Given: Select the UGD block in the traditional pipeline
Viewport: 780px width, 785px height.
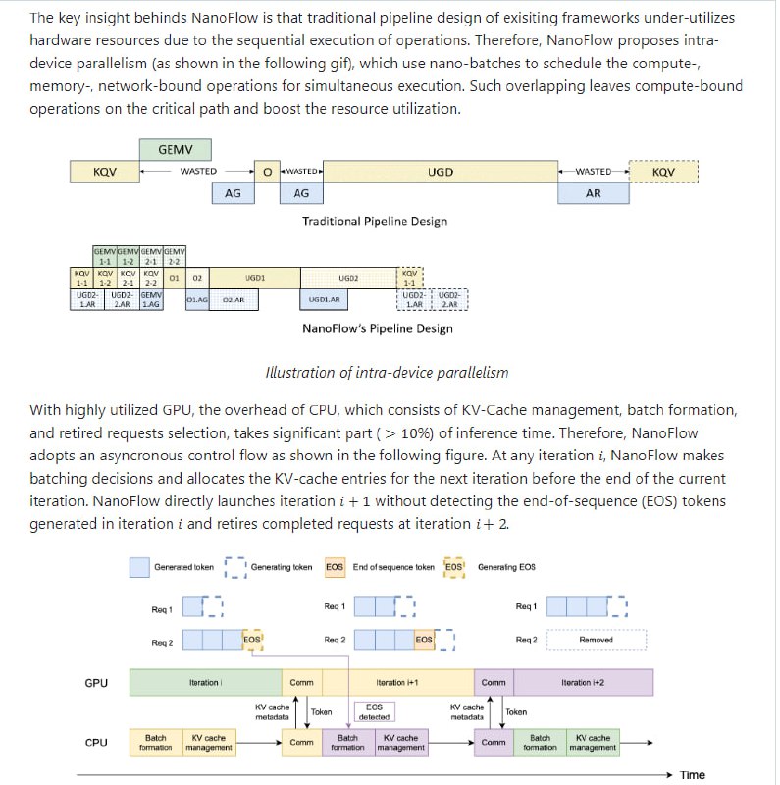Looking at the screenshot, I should [441, 172].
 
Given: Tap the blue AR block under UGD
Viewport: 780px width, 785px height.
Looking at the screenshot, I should [593, 194].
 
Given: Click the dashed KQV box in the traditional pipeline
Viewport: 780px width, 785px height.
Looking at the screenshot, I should [663, 172].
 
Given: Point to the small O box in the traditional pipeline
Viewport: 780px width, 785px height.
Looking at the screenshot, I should [266, 172].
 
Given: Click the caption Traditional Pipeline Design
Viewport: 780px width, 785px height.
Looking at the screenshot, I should [375, 221].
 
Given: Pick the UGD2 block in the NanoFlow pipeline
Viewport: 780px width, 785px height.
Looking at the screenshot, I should [348, 278].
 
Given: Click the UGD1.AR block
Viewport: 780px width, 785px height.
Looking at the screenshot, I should [324, 300].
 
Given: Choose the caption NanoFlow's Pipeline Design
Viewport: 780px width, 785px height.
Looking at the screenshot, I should [377, 328].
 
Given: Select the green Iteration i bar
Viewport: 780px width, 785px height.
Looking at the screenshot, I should [205, 682].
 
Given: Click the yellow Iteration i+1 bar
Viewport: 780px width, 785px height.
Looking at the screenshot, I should [397, 682].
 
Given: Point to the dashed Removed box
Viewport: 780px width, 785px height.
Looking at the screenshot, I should [596, 640].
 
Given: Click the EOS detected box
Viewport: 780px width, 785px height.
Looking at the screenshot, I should [374, 711].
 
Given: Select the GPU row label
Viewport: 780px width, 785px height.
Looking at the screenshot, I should [96, 682].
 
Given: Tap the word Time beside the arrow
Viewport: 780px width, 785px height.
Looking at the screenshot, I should [693, 775].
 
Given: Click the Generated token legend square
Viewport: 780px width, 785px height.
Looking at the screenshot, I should [138, 567].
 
